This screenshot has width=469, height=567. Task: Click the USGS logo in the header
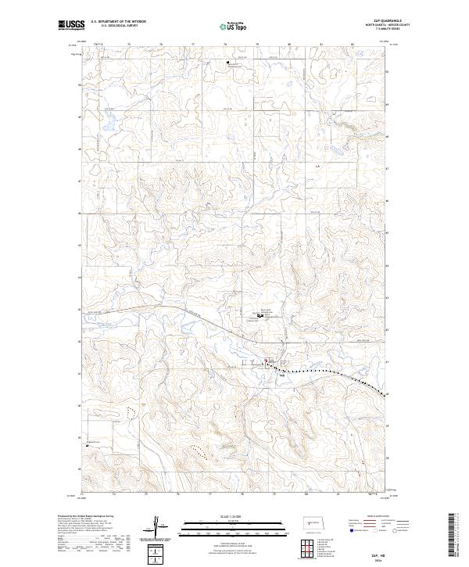pos(68,25)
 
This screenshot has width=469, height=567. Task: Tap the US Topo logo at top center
pos(234,25)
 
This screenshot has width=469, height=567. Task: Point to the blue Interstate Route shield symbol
pos(350,529)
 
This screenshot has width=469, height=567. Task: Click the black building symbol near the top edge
pos(228,63)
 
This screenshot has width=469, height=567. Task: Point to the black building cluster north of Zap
pos(259,316)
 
